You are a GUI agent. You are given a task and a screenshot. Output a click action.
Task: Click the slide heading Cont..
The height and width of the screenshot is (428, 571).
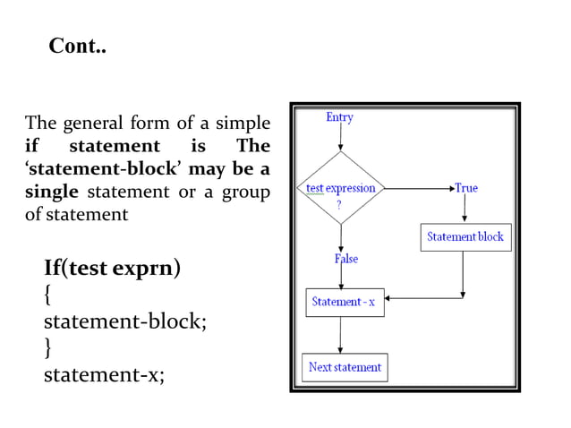point(77,46)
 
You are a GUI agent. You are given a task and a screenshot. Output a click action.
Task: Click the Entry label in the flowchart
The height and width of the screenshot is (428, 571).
point(339,117)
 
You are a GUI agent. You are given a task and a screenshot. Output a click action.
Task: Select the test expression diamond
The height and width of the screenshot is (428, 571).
point(340,190)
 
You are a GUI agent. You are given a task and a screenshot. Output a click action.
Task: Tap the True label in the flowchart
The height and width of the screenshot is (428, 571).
point(466,188)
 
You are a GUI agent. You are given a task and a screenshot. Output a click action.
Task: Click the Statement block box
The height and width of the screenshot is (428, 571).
point(464,237)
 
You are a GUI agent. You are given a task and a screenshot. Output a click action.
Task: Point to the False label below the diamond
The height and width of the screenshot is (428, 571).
point(346,259)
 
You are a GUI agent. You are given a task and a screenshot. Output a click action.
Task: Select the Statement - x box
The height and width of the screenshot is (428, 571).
point(345,302)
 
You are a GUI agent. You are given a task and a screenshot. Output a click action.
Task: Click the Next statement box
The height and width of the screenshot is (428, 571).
point(345,367)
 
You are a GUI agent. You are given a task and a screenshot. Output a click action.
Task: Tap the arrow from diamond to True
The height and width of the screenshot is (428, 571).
point(419,189)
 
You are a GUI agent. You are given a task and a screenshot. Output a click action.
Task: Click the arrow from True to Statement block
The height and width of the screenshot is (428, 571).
point(464,209)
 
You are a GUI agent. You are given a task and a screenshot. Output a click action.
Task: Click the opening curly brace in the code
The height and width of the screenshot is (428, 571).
point(48,294)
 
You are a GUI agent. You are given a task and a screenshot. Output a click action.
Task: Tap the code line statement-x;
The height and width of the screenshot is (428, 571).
point(104,374)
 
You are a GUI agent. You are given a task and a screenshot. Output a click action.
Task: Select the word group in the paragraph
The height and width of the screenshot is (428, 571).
point(245,192)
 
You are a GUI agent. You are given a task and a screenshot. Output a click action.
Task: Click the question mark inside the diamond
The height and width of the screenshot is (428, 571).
point(339,203)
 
